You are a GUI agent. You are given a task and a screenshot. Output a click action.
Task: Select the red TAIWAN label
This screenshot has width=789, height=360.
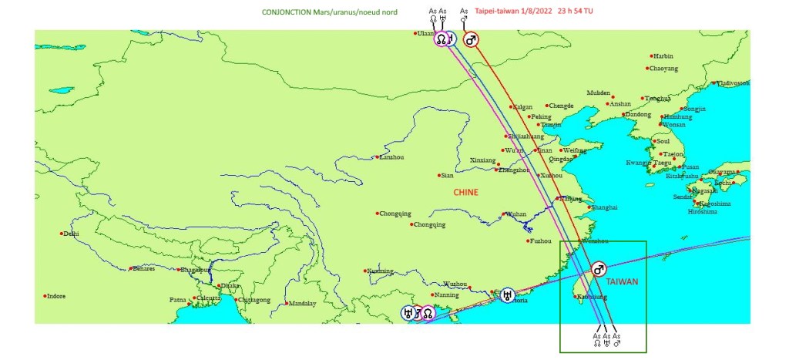[623, 282]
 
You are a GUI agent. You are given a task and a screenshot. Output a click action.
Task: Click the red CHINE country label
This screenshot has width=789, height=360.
[465, 192]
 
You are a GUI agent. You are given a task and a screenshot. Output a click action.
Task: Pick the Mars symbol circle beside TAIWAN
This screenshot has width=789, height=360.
[598, 269]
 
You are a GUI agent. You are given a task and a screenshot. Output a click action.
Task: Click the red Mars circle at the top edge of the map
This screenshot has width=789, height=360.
[471, 39]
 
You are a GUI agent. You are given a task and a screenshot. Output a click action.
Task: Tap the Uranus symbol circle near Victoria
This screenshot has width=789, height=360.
[507, 294]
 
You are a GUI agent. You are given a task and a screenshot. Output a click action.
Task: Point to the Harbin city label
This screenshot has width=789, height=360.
[663, 56]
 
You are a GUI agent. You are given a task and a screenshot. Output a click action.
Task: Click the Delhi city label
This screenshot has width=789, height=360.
[71, 234]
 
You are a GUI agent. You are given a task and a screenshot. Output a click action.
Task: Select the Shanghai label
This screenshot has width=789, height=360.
[604, 207]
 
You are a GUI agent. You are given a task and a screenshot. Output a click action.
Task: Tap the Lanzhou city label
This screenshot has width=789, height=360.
[391, 157]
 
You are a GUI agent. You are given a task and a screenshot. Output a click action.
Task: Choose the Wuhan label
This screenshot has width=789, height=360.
[515, 214]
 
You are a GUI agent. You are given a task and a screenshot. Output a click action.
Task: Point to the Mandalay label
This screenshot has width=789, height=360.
[302, 304]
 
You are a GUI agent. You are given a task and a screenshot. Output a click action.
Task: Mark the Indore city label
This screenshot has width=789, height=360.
[55, 296]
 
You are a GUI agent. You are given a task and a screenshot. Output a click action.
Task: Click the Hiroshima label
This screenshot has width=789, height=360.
[703, 211]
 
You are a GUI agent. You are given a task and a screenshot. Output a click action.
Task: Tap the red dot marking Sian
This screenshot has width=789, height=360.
[434, 176]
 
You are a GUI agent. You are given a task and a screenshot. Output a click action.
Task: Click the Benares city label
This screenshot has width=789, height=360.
[143, 269]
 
